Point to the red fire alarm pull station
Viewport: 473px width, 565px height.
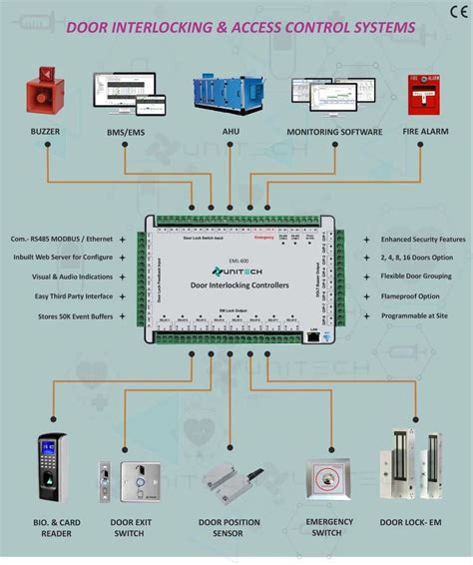click(x=422, y=94)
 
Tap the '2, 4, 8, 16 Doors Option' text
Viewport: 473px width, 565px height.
click(x=410, y=259)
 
